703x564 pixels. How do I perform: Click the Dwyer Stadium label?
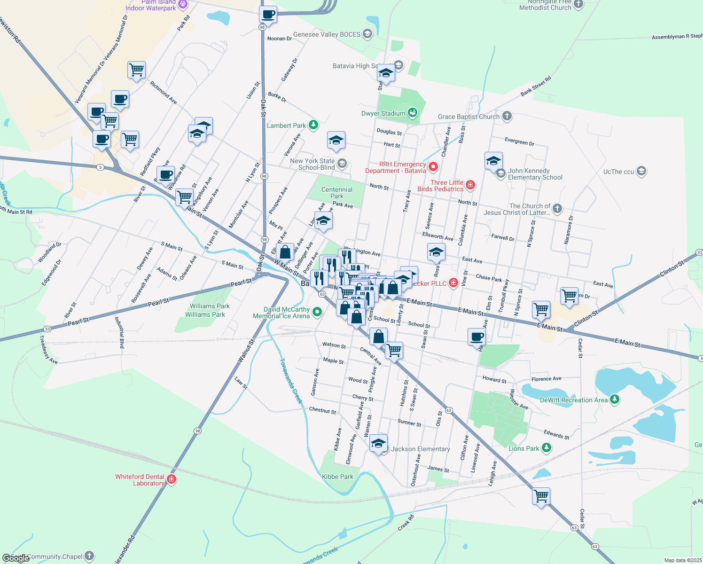pos(383,113)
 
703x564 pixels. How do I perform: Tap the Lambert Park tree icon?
pos(313,125)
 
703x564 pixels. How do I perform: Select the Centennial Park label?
pos(337,193)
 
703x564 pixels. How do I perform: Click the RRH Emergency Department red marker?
pos(433,166)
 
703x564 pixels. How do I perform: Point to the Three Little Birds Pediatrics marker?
pos(470,185)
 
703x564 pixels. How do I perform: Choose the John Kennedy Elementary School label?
pos(535,174)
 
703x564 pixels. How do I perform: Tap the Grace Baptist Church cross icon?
pos(507,116)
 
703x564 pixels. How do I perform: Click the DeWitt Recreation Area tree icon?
pos(614,399)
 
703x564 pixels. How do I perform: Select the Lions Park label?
pos(523,448)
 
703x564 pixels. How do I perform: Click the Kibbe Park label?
pos(337,477)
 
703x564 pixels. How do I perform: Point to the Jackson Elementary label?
pos(421,449)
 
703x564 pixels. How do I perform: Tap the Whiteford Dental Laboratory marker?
pos(172,479)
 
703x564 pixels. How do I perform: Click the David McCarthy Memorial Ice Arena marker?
pos(317,312)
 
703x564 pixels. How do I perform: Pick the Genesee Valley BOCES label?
pos(327,34)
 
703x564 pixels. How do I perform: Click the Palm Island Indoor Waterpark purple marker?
pos(183,5)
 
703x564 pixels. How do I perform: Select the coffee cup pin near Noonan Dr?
pos(268,15)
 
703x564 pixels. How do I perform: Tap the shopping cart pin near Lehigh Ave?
pos(541,496)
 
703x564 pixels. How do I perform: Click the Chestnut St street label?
pos(322,410)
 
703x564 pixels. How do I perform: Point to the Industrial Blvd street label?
pos(120,332)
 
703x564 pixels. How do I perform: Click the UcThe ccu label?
pos(618,172)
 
